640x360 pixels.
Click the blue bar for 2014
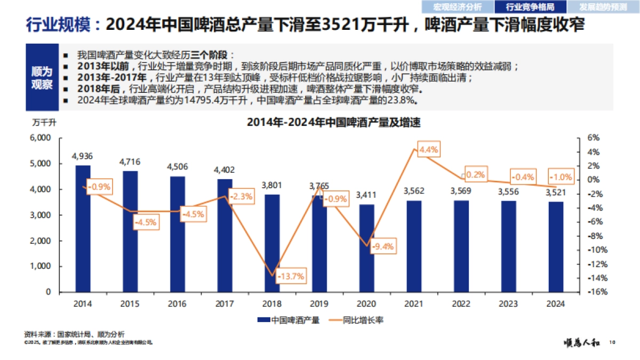click(x=83, y=229)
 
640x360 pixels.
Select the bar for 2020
click(x=366, y=249)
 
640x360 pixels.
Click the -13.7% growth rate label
click(x=291, y=276)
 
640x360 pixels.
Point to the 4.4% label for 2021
click(x=428, y=150)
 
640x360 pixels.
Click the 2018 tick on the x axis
click(x=272, y=303)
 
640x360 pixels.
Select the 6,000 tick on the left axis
click(x=41, y=138)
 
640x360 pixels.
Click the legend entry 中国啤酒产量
click(x=289, y=320)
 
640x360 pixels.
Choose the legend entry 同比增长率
click(x=357, y=320)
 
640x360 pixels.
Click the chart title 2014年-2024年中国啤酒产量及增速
click(x=334, y=123)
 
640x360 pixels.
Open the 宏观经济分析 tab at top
click(x=457, y=7)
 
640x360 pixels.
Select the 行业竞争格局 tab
click(x=529, y=7)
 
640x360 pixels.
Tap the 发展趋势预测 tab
click(x=604, y=7)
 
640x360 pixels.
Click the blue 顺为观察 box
click(x=42, y=78)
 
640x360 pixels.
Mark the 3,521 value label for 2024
click(x=555, y=192)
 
